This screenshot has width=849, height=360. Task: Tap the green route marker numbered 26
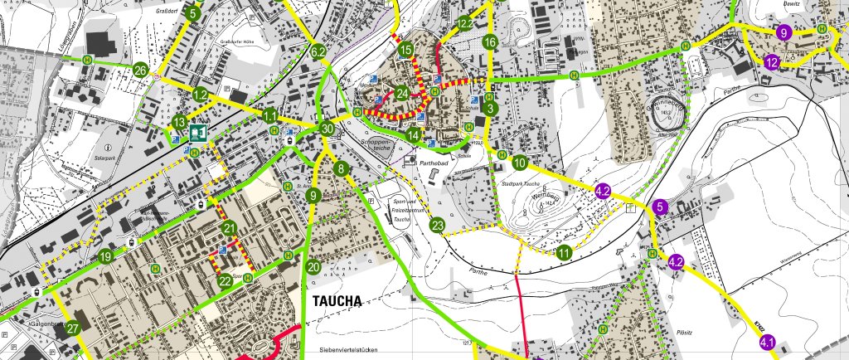(141, 70)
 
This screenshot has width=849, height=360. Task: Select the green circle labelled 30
(327, 129)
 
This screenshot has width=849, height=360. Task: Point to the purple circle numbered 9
(784, 33)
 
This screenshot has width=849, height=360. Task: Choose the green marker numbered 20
(313, 267)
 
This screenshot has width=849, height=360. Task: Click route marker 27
(73, 329)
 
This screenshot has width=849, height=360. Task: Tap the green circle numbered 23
(438, 225)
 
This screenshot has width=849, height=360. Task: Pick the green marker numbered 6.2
(318, 52)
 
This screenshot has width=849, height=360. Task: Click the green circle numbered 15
(405, 51)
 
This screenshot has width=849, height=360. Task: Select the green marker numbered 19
(105, 258)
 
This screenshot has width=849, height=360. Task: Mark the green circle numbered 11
(565, 253)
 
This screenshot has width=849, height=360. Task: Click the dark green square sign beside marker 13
(197, 133)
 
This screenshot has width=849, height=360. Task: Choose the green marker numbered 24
(402, 93)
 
